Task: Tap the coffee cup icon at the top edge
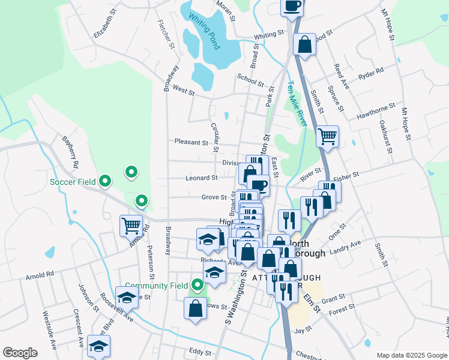click(292, 8)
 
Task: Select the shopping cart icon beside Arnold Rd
click(131, 226)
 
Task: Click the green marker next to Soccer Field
click(105, 180)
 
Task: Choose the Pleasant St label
click(191, 142)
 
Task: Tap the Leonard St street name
click(201, 178)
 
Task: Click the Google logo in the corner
click(20, 353)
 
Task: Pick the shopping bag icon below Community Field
click(196, 309)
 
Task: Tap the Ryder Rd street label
click(370, 74)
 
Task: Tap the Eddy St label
click(196, 350)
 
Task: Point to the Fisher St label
click(346, 175)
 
